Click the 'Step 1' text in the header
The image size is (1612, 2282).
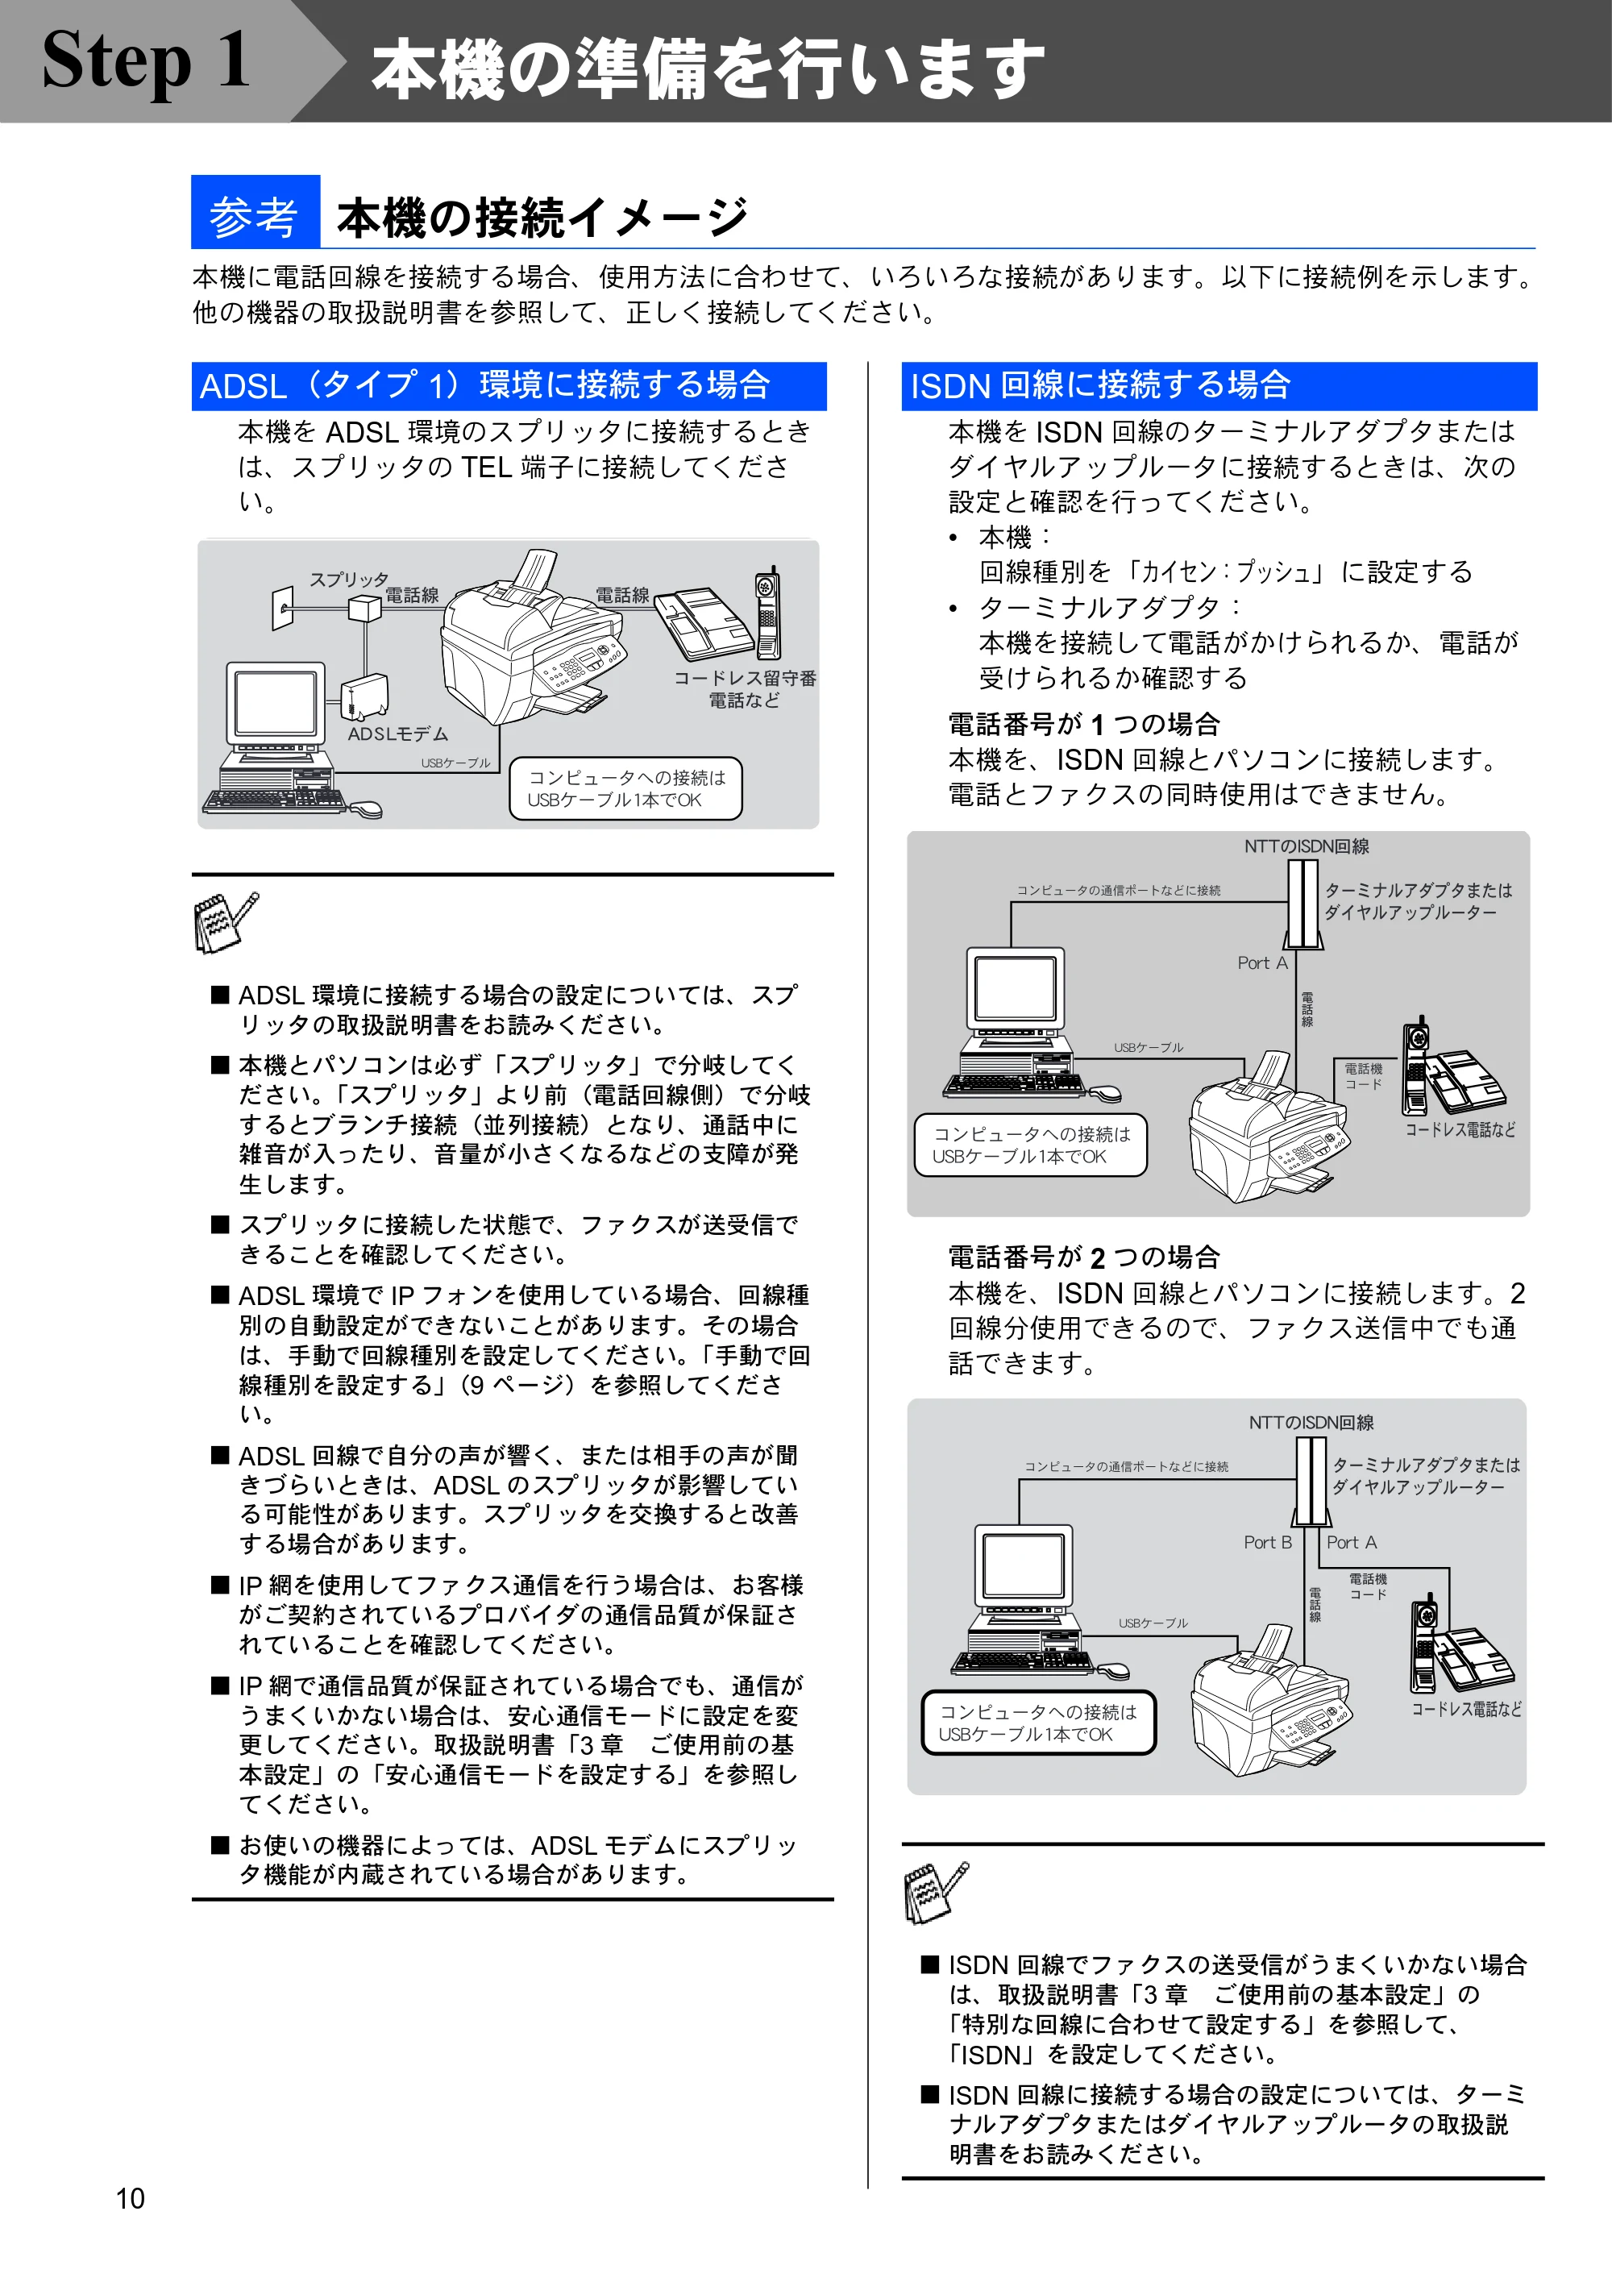click(145, 60)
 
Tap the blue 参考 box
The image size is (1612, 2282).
click(256, 212)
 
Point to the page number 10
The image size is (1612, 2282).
click(131, 2197)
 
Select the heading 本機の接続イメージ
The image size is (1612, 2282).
click(542, 217)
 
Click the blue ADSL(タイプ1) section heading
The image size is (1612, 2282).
click(509, 385)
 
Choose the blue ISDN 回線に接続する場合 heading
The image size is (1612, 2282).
click(1219, 385)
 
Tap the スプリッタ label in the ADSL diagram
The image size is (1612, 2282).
click(349, 579)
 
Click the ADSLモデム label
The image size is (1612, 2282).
click(397, 734)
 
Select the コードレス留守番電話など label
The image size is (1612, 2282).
click(745, 688)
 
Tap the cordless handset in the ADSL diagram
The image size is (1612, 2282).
click(768, 613)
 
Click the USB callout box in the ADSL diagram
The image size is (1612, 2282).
click(625, 788)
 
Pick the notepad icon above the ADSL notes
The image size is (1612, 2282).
click(226, 921)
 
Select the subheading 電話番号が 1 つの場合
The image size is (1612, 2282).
click(1083, 724)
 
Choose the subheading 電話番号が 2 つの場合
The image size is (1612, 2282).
click(1083, 1257)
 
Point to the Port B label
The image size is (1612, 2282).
click(1267, 1543)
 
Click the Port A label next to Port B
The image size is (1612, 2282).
click(1351, 1543)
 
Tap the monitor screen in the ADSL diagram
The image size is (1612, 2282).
click(276, 702)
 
